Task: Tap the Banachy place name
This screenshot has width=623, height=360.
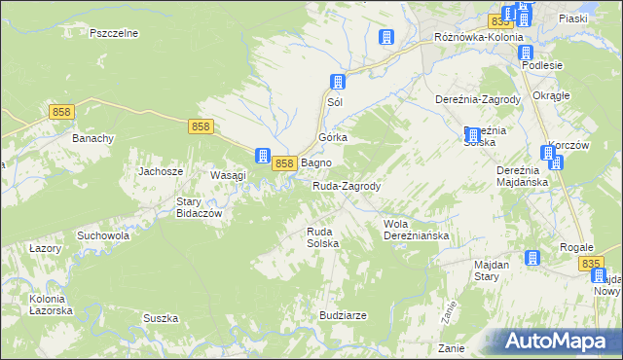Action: [93, 138]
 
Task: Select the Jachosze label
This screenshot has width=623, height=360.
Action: [162, 171]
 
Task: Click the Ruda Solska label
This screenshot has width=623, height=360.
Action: [322, 237]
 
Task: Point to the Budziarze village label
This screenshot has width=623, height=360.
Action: [343, 316]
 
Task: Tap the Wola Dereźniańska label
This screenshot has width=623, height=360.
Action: [415, 230]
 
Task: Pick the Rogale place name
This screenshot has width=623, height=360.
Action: [576, 247]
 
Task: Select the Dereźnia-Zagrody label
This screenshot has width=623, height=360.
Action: [477, 99]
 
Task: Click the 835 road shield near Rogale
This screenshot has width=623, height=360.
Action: [590, 264]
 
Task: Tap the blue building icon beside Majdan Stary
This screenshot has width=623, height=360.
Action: [532, 258]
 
